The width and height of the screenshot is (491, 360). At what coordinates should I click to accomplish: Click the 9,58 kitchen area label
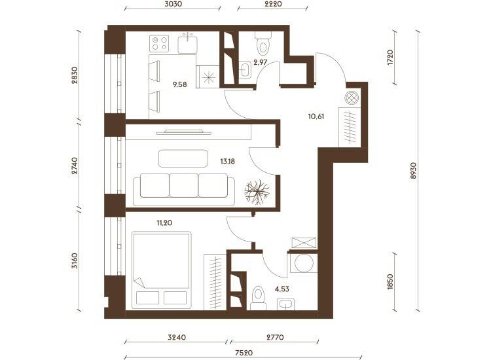[180, 84]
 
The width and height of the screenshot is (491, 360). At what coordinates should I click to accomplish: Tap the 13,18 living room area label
[228, 162]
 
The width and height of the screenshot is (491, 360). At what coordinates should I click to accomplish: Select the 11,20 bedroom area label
[164, 223]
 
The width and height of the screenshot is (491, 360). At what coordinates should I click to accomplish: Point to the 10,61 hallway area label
[316, 117]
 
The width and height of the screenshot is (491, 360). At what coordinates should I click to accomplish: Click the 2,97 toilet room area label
[260, 62]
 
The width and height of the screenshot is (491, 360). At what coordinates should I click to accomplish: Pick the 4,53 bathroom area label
[282, 289]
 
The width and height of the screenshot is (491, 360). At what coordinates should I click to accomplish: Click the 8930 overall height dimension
[414, 171]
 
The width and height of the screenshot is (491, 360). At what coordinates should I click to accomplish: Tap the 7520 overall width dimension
[244, 353]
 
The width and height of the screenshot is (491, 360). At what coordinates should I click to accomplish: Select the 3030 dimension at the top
[173, 4]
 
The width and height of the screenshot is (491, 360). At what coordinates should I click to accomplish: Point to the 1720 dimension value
[390, 58]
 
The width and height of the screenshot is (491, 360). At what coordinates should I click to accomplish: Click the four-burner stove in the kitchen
[159, 43]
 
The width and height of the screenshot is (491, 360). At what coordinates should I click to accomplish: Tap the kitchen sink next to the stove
[188, 45]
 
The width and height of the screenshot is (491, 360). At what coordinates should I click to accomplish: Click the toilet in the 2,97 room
[263, 43]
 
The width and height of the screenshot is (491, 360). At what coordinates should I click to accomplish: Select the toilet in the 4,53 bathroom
[259, 298]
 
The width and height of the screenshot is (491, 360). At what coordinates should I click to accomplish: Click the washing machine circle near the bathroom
[304, 263]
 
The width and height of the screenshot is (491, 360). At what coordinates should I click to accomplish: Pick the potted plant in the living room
[257, 192]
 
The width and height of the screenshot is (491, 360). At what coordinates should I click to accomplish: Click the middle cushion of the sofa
[183, 186]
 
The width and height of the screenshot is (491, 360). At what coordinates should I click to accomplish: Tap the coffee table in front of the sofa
[183, 158]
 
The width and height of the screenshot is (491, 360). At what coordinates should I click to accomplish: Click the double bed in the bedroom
[162, 270]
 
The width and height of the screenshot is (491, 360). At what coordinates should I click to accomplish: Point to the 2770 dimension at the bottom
[275, 338]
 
